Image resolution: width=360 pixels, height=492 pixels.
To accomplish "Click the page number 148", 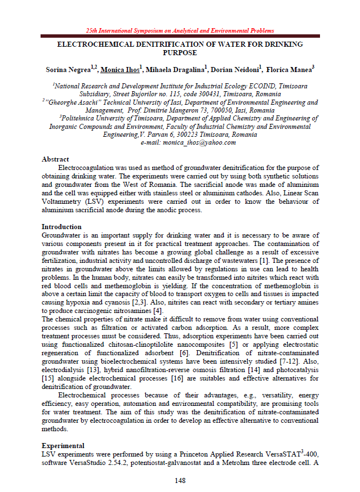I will tap(180, 480).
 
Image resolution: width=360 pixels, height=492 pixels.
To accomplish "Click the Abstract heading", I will tap(55, 159).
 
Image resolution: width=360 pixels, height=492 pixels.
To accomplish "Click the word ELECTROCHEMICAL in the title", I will tap(93, 44).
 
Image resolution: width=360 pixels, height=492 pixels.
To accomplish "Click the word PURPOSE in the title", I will tap(180, 52).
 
